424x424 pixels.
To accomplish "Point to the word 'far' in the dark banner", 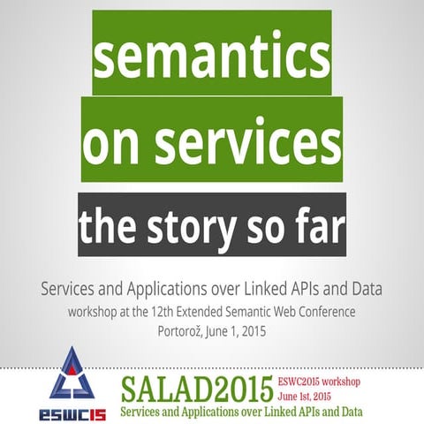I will pyautogui.click(x=314, y=227).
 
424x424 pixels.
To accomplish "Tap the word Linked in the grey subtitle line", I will pyautogui.click(x=283, y=288).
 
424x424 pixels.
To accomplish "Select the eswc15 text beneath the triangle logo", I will pyautogui.click(x=73, y=413).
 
